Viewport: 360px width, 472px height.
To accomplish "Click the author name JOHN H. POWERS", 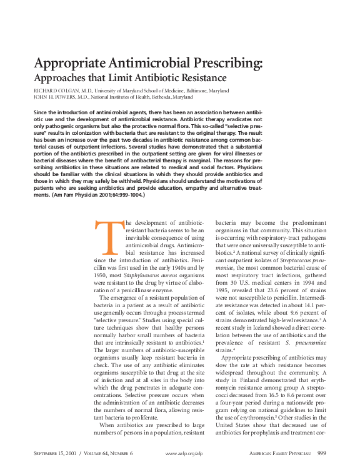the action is pos(56,97).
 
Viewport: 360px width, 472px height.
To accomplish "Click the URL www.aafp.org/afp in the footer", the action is pos(185,453).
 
